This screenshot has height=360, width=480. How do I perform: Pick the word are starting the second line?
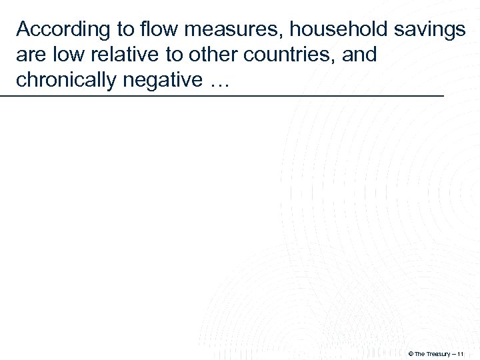click(30, 55)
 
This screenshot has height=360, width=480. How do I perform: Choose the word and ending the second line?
click(361, 55)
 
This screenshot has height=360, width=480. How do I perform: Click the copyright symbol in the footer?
click(410, 353)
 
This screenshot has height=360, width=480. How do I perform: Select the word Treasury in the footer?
click(441, 353)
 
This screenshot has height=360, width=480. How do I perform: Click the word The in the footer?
click(421, 353)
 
